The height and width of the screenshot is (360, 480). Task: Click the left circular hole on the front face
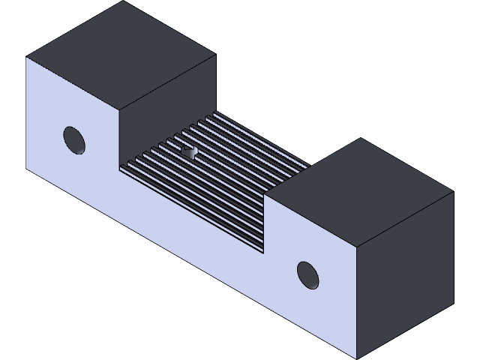(73, 139)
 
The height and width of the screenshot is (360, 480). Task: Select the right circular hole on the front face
(307, 274)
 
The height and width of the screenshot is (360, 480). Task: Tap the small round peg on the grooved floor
(188, 152)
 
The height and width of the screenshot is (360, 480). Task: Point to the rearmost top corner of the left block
(121, 1)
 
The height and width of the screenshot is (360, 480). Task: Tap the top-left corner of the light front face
(26, 57)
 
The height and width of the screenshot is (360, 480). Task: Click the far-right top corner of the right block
(454, 193)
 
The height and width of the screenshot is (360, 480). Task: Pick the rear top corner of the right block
(361, 138)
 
